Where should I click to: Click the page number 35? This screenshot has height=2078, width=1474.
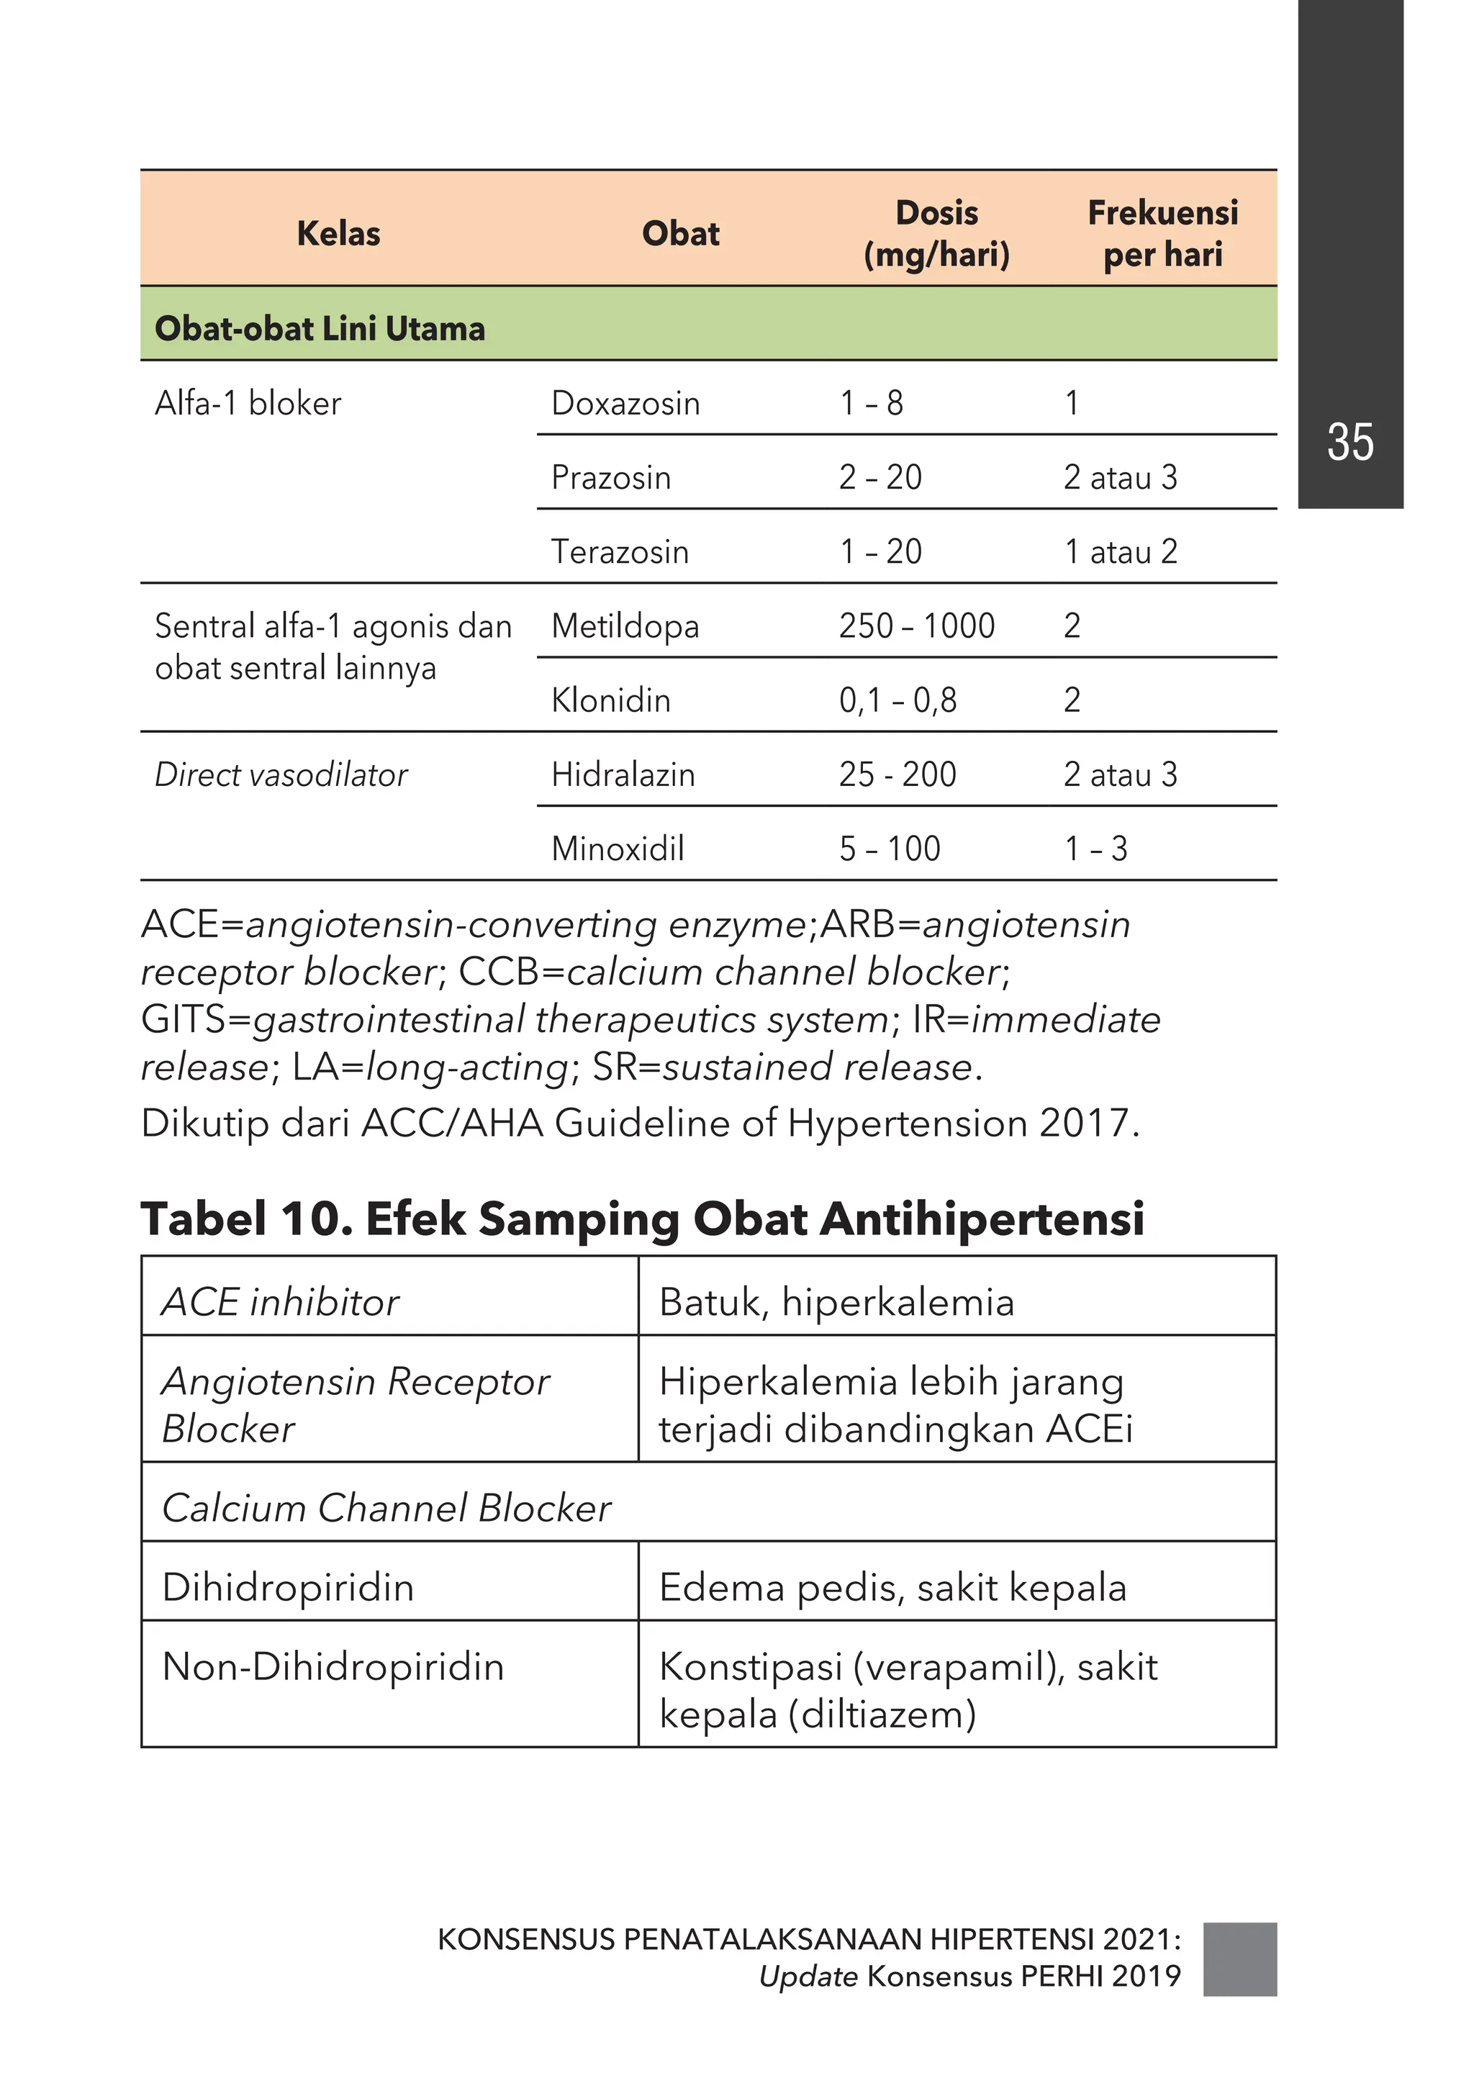[1349, 442]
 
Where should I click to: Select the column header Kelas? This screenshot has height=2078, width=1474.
[338, 233]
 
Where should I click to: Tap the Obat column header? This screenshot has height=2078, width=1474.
[680, 233]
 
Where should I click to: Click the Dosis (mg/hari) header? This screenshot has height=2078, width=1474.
[936, 233]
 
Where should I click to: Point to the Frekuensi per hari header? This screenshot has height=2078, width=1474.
[1162, 233]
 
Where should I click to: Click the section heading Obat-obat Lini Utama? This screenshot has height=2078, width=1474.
[320, 327]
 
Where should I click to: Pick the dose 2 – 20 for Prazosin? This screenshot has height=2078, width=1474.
[880, 476]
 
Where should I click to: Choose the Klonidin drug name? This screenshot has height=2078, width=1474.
[611, 700]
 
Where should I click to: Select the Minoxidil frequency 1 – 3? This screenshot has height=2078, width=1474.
[1095, 849]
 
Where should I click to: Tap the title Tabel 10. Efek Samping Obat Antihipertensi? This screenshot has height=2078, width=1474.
[642, 1218]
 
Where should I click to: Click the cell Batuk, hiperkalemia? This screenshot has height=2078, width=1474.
[836, 1302]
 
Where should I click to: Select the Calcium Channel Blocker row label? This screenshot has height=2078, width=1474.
[386, 1507]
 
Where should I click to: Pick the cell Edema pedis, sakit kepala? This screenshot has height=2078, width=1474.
[892, 1587]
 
